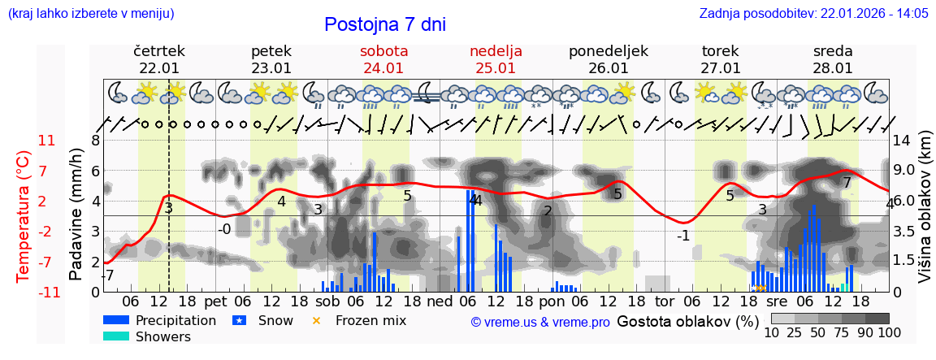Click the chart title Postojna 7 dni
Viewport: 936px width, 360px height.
pos(385,24)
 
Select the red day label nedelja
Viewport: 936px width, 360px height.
pos(496,51)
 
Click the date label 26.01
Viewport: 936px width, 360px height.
pos(608,68)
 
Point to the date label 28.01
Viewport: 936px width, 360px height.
pos(833,68)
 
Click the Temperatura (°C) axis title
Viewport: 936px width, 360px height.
pos(24,215)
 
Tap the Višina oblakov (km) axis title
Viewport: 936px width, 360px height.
pos(925,215)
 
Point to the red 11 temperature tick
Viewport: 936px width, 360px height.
pos(47,141)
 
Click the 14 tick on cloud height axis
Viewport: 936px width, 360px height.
pos(902,141)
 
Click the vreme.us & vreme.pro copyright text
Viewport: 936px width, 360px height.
pos(540,322)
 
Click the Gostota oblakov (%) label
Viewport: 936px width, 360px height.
pos(687,320)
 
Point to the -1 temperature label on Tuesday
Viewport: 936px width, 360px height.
pos(683,236)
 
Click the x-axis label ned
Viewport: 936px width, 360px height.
pos(440,301)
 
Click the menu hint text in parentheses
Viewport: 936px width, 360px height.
pos(90,13)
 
